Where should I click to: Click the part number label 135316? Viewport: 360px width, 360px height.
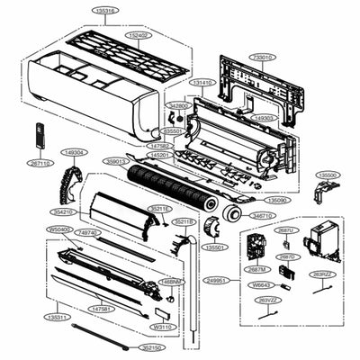106,12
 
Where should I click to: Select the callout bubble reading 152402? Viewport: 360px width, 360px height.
139,35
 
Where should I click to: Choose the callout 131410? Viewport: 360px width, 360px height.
202,83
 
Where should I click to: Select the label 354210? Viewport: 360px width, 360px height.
62,211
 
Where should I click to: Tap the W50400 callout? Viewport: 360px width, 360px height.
58,229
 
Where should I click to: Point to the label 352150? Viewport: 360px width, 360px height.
151,346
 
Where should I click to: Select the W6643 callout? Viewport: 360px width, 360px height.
263,285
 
